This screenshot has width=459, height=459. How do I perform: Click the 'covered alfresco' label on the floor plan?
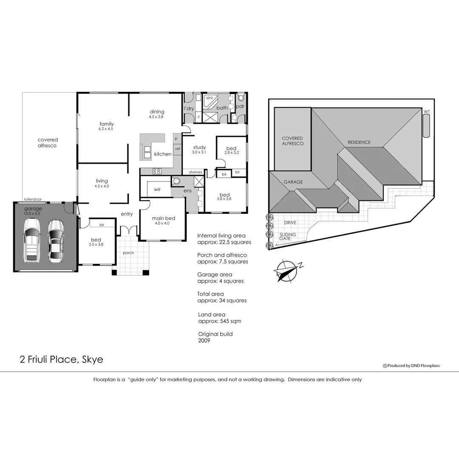[48, 142]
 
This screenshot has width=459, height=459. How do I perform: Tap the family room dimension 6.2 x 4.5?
[106, 129]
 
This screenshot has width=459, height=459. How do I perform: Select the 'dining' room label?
[157, 112]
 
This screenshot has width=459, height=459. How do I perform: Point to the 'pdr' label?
[240, 106]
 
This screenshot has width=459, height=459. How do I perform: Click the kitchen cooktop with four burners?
[156, 171]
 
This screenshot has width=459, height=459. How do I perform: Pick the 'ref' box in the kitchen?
[178, 149]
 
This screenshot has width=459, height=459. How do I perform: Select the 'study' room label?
[199, 147]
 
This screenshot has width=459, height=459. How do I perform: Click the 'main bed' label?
[164, 218]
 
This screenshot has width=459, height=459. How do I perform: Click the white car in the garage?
[32, 240]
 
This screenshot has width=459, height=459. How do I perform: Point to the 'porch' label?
[128, 253]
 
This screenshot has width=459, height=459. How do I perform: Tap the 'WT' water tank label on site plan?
[426, 112]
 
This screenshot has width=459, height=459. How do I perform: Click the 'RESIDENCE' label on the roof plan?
[359, 142]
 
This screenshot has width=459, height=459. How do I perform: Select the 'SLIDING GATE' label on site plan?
[287, 237]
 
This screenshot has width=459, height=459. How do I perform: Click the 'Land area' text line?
[212, 314]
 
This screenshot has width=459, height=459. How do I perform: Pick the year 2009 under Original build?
[204, 340]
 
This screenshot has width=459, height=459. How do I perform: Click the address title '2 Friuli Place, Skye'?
[61, 360]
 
